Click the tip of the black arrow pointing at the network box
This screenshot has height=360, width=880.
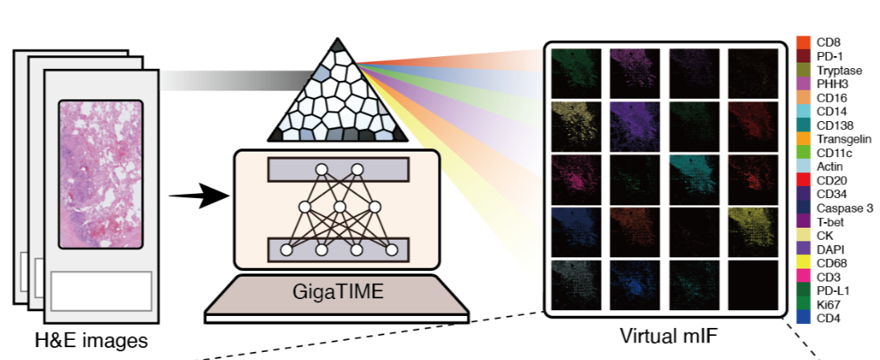coord(231,196)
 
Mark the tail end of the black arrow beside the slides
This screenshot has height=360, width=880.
coord(169,196)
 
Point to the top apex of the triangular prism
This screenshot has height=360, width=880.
coord(338,38)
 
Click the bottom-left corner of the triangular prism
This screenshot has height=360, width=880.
coord(268,140)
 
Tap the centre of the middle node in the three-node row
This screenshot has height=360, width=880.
coord(339,207)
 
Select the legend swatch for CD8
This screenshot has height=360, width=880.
coord(803,42)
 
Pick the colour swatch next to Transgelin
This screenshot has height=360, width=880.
coord(803,139)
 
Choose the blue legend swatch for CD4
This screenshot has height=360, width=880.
coord(803,318)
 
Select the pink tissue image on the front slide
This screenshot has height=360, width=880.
coord(100,174)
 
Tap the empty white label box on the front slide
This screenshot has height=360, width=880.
coord(102,290)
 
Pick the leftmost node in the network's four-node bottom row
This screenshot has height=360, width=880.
coord(286,249)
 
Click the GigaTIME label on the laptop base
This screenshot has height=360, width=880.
coord(338,292)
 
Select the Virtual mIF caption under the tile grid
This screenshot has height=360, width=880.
coord(668,335)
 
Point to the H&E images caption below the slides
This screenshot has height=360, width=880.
coord(83,341)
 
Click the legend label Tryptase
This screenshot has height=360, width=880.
coord(840,70)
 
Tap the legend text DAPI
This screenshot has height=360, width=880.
coord(830,249)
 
